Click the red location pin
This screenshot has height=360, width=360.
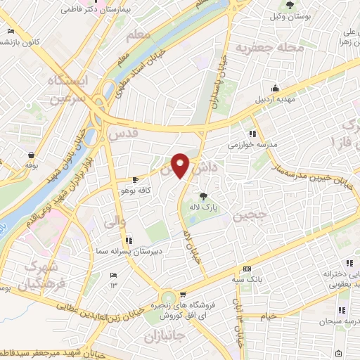(x=181, y=166)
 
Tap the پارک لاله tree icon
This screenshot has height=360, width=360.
(x=204, y=195)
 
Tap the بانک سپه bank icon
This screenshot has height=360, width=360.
(x=247, y=269)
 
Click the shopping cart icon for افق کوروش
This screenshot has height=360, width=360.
(x=183, y=295)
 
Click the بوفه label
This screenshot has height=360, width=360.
(x=31, y=164)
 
